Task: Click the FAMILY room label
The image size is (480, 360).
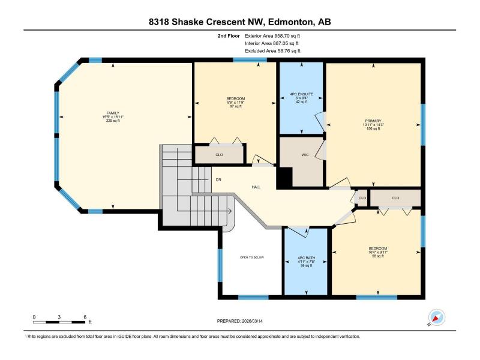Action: [113, 113]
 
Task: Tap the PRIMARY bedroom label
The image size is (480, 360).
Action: [373, 121]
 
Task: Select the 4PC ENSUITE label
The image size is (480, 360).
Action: [302, 94]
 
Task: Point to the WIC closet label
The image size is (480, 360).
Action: [305, 155]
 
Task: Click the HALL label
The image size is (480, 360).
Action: [256, 187]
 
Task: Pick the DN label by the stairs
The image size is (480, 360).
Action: [218, 179]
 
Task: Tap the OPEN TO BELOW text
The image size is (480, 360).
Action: [252, 257]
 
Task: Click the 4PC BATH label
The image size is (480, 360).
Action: [306, 258]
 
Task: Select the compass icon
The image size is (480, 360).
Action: [437, 317]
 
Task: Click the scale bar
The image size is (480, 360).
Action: [59, 322]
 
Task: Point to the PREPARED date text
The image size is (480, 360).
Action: [239, 321]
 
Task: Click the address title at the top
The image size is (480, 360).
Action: [239, 22]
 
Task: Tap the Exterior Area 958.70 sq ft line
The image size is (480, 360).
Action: [272, 36]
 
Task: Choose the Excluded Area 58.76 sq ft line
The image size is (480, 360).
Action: [272, 51]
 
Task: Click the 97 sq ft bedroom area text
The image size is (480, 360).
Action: [236, 107]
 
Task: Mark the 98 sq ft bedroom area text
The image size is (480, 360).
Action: [378, 256]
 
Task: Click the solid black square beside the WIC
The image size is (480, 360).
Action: [284, 178]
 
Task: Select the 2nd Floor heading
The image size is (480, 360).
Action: [229, 36]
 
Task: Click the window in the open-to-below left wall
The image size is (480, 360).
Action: [220, 265]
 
